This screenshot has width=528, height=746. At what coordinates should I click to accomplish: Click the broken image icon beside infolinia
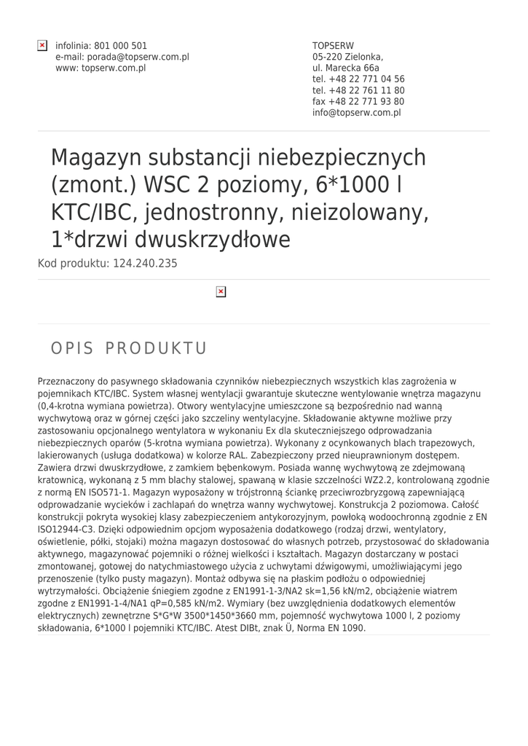(x=42, y=46)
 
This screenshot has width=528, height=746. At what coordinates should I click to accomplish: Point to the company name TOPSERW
(x=333, y=46)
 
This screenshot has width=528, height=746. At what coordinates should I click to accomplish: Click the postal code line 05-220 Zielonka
(x=347, y=57)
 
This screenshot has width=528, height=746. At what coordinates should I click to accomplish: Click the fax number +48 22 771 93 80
(x=368, y=102)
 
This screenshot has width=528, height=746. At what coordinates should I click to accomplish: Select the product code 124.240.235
(x=145, y=264)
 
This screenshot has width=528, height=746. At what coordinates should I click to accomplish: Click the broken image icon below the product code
(x=221, y=292)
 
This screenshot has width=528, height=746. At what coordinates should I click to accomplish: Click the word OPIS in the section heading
(x=72, y=348)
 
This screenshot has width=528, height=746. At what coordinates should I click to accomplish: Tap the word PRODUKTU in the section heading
(x=156, y=348)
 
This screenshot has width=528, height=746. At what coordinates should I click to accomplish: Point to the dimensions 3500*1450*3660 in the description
(x=227, y=616)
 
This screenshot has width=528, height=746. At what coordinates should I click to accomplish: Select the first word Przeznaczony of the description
(x=66, y=381)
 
